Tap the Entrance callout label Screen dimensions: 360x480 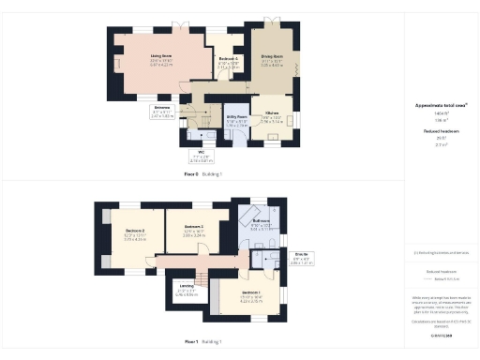(163, 111)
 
